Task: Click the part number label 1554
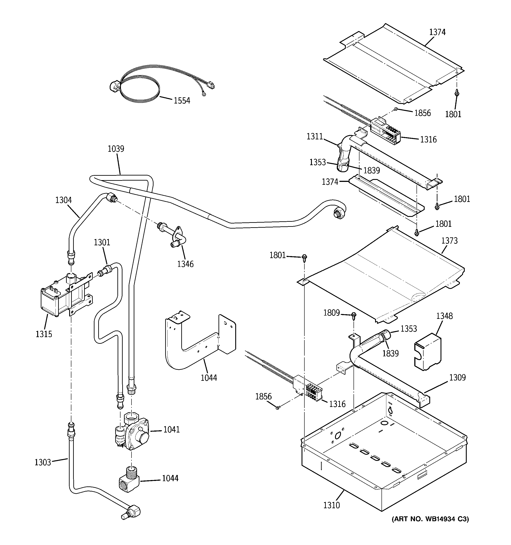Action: [x=182, y=101]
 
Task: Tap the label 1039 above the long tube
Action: [x=116, y=149]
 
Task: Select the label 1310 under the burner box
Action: [x=331, y=505]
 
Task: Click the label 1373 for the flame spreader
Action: [x=449, y=241]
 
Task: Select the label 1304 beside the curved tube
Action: [x=63, y=200]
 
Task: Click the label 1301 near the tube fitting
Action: [x=102, y=242]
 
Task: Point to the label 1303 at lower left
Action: [x=43, y=462]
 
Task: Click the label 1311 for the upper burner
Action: [x=315, y=136]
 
